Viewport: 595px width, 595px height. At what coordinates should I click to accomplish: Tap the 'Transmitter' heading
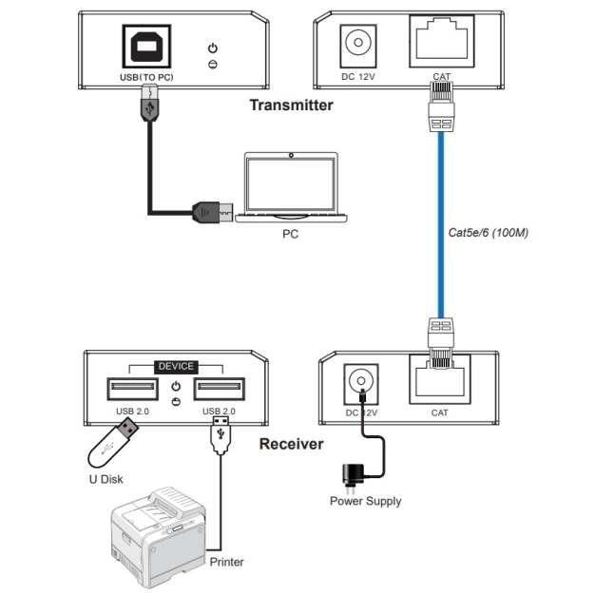click(x=291, y=106)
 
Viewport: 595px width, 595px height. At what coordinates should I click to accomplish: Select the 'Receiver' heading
click(x=291, y=444)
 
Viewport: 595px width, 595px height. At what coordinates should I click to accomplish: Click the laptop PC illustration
click(x=291, y=185)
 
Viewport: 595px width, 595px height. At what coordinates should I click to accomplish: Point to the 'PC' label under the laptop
click(x=291, y=233)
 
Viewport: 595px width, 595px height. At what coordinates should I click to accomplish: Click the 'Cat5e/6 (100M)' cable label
click(x=488, y=232)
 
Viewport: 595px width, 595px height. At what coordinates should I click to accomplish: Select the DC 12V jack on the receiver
click(x=360, y=381)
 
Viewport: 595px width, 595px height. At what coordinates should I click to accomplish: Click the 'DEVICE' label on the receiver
click(x=176, y=366)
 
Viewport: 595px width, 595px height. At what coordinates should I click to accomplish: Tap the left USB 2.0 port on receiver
click(x=132, y=389)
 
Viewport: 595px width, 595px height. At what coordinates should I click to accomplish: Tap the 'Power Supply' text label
click(x=365, y=501)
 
